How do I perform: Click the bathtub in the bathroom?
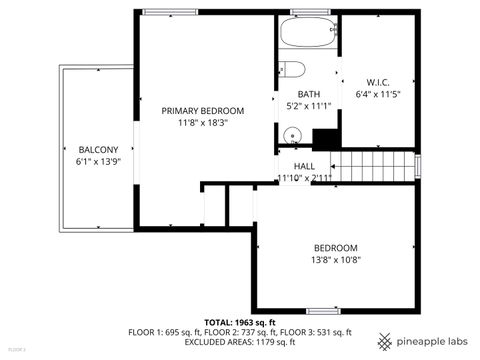pyautogui.click(x=308, y=34)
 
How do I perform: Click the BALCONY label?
pyautogui.click(x=97, y=149)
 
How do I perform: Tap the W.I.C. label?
pyautogui.click(x=377, y=82)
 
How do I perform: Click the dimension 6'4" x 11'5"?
pyautogui.click(x=377, y=94)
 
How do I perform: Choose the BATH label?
pyautogui.click(x=308, y=93)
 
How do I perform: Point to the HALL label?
pyautogui.click(x=304, y=166)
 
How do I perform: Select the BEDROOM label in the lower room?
pyautogui.click(x=335, y=248)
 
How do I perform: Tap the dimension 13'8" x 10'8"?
pyautogui.click(x=335, y=260)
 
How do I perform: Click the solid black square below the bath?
pyautogui.click(x=324, y=139)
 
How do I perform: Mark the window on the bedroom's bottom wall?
pyautogui.click(x=322, y=311)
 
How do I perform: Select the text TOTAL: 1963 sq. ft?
pyautogui.click(x=240, y=322)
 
